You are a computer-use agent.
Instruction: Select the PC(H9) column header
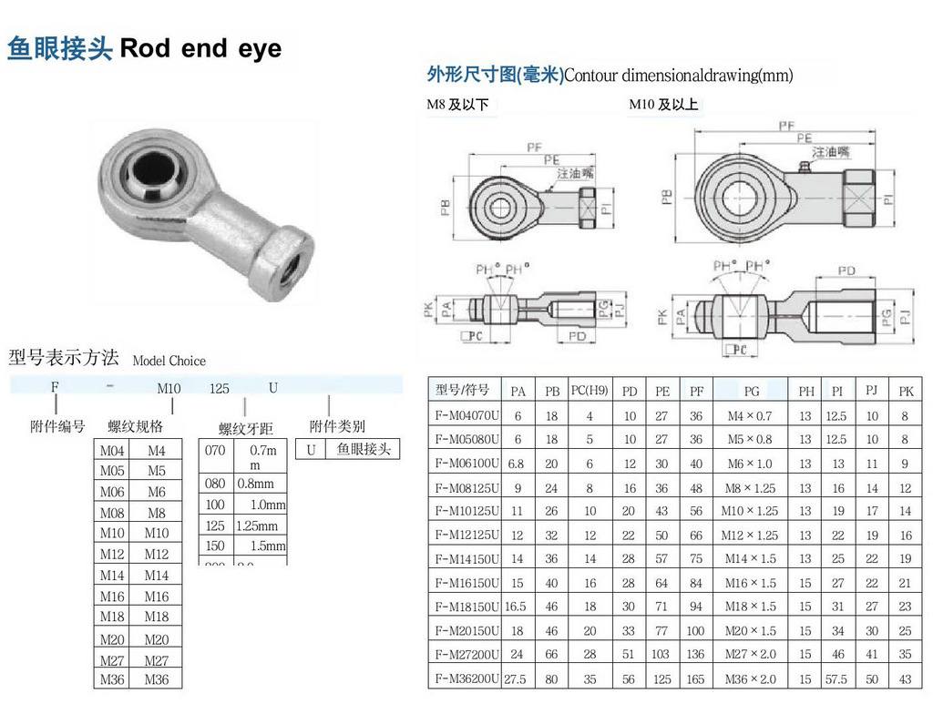[x=589, y=391]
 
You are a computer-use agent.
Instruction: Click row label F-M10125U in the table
[x=466, y=511]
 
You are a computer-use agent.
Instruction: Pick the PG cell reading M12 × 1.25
[x=751, y=535]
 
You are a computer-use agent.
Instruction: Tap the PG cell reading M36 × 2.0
[x=751, y=678]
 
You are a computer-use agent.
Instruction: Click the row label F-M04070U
[x=466, y=415]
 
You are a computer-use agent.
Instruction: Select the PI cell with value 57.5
[x=836, y=678]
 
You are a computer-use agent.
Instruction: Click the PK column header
[x=905, y=391]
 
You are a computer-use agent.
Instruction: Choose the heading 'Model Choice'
[x=169, y=361]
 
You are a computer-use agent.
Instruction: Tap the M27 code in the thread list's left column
[x=112, y=660]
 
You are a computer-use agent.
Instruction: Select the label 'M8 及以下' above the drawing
[x=458, y=105]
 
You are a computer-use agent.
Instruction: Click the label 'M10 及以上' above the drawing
[x=663, y=105]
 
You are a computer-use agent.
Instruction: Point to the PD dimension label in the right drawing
[x=846, y=270]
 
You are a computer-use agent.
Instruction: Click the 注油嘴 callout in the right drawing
[x=831, y=152]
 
